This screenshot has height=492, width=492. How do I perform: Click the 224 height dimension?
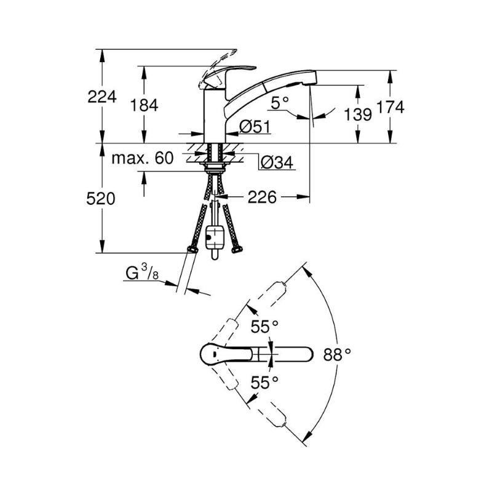pyautogui.click(x=102, y=97)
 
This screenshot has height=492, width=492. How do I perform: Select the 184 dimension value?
pyautogui.click(x=144, y=105)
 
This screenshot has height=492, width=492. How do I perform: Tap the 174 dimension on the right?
pyautogui.click(x=390, y=107)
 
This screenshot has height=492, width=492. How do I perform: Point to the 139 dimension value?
pyautogui.click(x=358, y=114)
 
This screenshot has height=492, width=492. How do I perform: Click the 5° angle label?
pyautogui.click(x=280, y=103)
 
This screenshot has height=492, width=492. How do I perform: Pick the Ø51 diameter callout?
pyautogui.click(x=255, y=127)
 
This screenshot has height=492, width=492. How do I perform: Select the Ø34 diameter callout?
pyautogui.click(x=277, y=162)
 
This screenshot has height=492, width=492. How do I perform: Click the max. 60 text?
pyautogui.click(x=143, y=158)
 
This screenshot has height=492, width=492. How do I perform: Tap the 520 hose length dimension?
pyautogui.click(x=101, y=199)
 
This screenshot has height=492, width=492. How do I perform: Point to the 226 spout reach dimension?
pyautogui.click(x=263, y=197)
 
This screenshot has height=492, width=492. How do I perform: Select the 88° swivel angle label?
pyautogui.click(x=337, y=355)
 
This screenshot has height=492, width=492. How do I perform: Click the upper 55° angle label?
pyautogui.click(x=264, y=327)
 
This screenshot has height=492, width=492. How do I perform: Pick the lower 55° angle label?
pyautogui.click(x=264, y=383)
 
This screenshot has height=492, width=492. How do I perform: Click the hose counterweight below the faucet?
pyautogui.click(x=215, y=239)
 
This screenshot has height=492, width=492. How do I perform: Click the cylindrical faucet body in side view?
pyautogui.click(x=215, y=116)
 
